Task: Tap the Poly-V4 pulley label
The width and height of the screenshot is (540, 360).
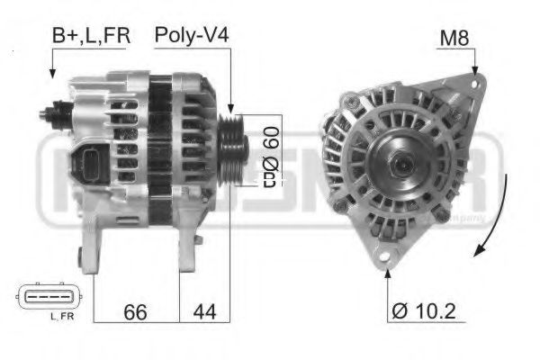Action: [x=192, y=36]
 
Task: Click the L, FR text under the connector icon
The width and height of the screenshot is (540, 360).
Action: [x=61, y=316]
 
